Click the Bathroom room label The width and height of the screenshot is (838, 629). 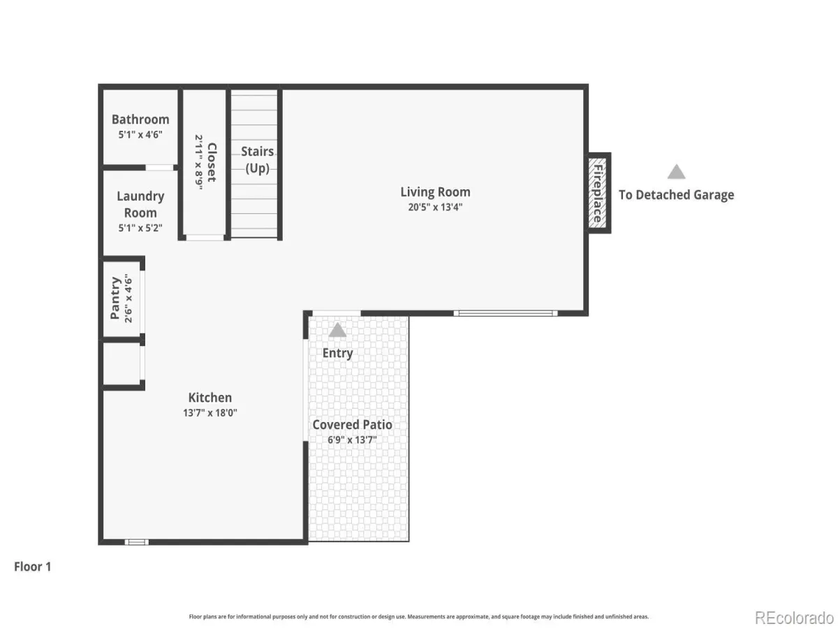pyautogui.click(x=140, y=120)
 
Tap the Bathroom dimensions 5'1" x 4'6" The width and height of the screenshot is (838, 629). pyautogui.click(x=140, y=134)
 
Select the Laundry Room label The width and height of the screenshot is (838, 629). pyautogui.click(x=140, y=204)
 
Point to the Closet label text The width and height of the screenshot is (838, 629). pyautogui.click(x=212, y=162)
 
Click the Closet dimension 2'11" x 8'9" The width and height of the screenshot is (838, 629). pyautogui.click(x=199, y=162)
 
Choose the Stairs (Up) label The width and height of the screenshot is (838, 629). pyautogui.click(x=257, y=159)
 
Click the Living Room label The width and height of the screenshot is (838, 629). pyautogui.click(x=435, y=191)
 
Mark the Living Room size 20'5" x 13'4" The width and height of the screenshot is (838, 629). pyautogui.click(x=435, y=207)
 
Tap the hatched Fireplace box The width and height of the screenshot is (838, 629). pyautogui.click(x=597, y=193)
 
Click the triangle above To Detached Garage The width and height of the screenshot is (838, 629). pyautogui.click(x=676, y=172)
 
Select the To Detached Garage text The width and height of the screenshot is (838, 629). pyautogui.click(x=676, y=195)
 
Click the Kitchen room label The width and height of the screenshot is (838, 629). pyautogui.click(x=209, y=398)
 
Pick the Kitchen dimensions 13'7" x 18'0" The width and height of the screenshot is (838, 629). pyautogui.click(x=210, y=413)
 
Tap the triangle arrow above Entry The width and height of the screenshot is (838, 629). pyautogui.click(x=337, y=330)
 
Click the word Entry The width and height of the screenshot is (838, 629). pyautogui.click(x=337, y=353)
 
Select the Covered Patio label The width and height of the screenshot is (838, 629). pyautogui.click(x=352, y=425)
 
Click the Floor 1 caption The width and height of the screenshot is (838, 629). pyautogui.click(x=32, y=567)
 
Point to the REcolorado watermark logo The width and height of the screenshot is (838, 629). pyautogui.click(x=794, y=618)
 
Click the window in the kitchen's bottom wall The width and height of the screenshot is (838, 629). pyautogui.click(x=137, y=542)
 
